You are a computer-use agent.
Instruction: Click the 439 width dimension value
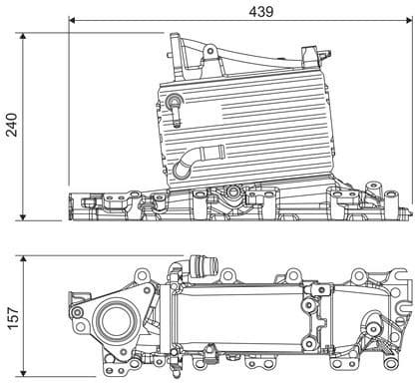click(x=261, y=10)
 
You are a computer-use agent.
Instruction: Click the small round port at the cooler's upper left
click(x=175, y=100)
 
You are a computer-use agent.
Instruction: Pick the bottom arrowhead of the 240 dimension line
click(x=24, y=216)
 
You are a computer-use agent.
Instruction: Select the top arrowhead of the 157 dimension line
click(x=24, y=258)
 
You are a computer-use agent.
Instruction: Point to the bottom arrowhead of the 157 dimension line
click(x=24, y=376)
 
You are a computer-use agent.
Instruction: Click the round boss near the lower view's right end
click(x=376, y=324)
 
